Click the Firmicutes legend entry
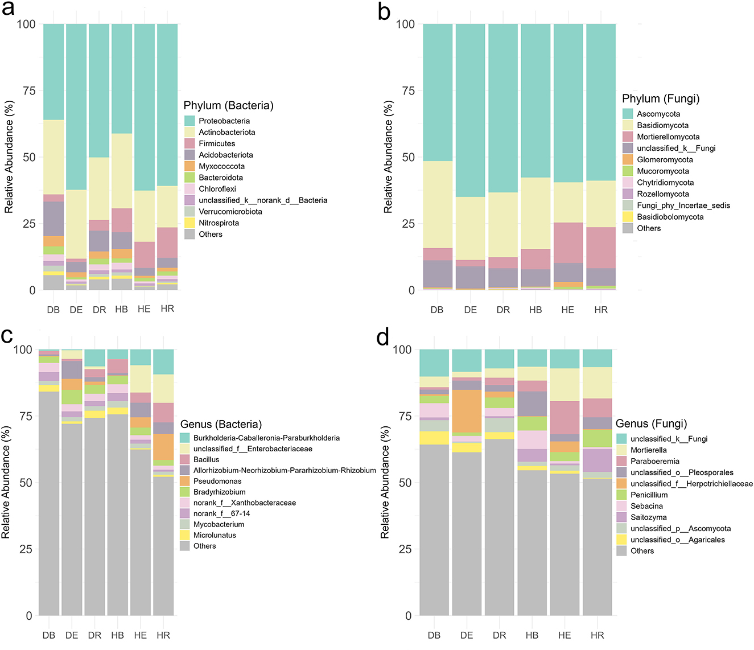pyautogui.click(x=217, y=143)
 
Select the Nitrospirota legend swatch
pyautogui.click(x=189, y=223)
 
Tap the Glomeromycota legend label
pyautogui.click(x=665, y=160)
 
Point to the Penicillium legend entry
pyautogui.click(x=649, y=495)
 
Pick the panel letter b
pyautogui.click(x=384, y=12)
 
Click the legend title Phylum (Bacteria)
pyautogui.click(x=228, y=106)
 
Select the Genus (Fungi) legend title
pyautogui.click(x=651, y=424)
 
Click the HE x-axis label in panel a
pyautogui.click(x=144, y=309)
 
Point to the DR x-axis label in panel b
pyautogui.click(x=503, y=310)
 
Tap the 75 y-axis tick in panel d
pyautogui.click(x=404, y=416)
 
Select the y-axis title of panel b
pyautogui.click(x=389, y=157)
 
